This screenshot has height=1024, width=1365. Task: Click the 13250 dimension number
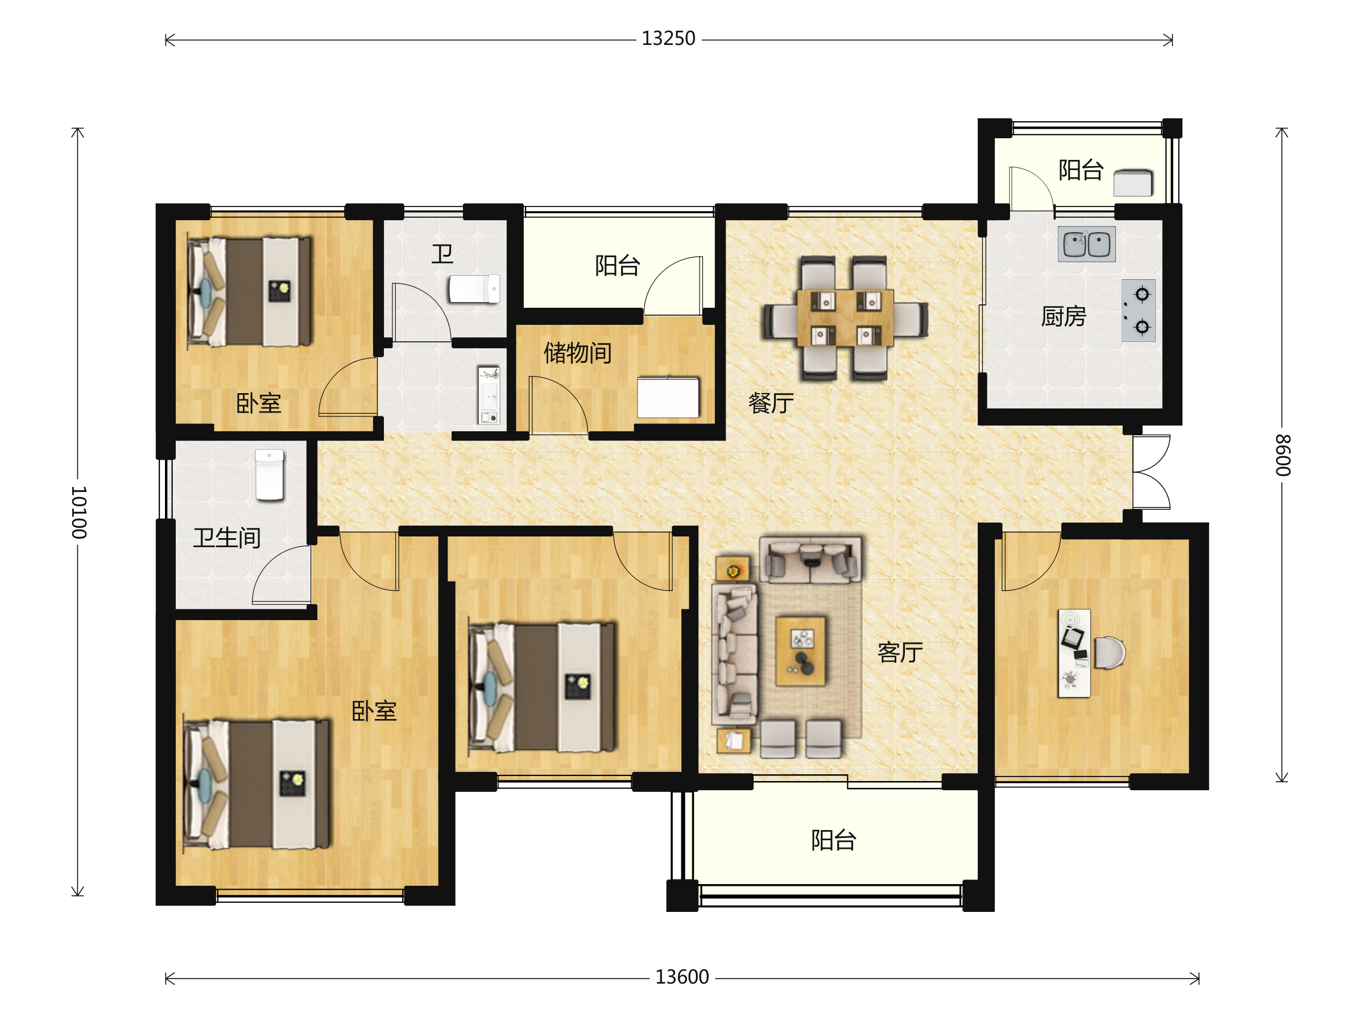pos(668,38)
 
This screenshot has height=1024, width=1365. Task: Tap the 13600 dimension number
pos(682,977)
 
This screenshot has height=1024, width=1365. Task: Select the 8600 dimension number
pos(1283,455)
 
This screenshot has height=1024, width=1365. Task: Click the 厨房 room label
pos(1063,316)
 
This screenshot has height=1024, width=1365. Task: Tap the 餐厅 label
pos(771,403)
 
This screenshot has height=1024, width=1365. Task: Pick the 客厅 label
pos(900,652)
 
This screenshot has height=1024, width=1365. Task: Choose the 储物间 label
pos(578,353)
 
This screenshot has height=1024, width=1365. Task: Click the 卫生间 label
pos(227,538)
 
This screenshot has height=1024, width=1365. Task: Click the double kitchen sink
pos(1086,244)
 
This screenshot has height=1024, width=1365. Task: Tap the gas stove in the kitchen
pos(1138,311)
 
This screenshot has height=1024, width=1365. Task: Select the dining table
pos(845,317)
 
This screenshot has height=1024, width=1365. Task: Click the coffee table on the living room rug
pos(800,651)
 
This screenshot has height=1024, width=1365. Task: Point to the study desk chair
pos(1110,653)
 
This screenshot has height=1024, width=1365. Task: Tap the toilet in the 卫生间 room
pos(270,474)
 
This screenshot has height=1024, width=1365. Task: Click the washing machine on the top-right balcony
pos(1133,183)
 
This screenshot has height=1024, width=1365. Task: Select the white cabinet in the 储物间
pos(668,398)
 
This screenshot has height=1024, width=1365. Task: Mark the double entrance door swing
pos(1152,472)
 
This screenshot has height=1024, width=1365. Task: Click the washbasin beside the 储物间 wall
pos(489,395)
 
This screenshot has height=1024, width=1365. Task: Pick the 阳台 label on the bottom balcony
pos(834,840)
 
